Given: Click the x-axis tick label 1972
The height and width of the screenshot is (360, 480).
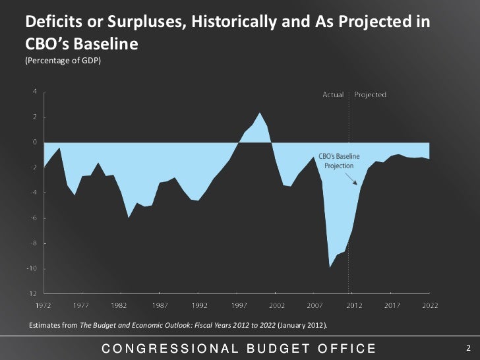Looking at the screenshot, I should tap(44, 305).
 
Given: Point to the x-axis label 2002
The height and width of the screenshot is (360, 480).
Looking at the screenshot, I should tap(276, 305).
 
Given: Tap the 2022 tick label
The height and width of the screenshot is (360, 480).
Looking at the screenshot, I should tap(431, 305).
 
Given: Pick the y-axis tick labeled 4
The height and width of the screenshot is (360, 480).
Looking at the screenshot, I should tap(34, 92).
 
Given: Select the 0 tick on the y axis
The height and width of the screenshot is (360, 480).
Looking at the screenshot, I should tap(34, 142).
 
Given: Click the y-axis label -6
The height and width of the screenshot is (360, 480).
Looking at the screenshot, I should tap(32, 218).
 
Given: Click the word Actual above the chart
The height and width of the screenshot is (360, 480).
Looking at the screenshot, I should tap(332, 94).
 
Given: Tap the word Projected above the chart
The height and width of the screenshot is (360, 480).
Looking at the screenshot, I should tap(371, 94).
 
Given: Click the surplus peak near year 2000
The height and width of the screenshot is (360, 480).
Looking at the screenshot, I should tap(260, 113).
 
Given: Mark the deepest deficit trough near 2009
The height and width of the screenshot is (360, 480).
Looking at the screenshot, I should tap(330, 266).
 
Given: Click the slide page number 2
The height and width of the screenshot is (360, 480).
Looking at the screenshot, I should tap(467, 347).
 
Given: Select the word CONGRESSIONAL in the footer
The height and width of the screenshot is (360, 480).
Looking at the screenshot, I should tap(165, 348).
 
